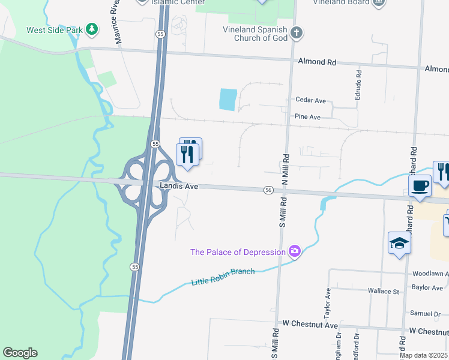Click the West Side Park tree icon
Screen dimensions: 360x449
coord(91,29)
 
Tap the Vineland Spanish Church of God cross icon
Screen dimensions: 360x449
coord(295,32)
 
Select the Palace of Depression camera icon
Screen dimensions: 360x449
coord(294,251)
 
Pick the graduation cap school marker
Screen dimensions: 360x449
coord(399,243)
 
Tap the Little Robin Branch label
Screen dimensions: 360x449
coord(223,277)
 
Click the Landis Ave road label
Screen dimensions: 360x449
coord(179,186)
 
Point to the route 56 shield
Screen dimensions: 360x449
coord(268,190)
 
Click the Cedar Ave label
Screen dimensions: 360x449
coord(310,100)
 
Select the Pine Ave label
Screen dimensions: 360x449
coord(307,117)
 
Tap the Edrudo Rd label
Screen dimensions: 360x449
coord(358,85)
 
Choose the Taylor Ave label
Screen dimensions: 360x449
coord(328,303)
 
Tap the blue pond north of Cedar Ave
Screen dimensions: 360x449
coord(228,99)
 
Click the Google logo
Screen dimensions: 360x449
coord(20,353)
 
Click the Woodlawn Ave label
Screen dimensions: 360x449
coord(430,274)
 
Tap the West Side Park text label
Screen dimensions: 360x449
coord(54,30)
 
